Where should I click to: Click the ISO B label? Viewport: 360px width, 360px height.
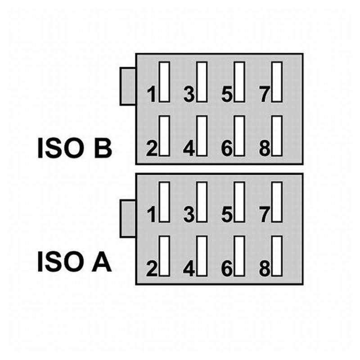coord(74,149)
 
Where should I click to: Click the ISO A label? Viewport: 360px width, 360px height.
coord(74,263)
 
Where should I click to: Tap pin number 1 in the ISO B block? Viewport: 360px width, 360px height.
coord(152,94)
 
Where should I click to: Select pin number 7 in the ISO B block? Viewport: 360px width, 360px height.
coord(265,94)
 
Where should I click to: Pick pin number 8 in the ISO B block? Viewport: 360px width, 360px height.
coord(265,148)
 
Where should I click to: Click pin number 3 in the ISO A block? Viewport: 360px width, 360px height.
coord(189,215)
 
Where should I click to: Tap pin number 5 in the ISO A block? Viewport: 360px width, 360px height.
coord(227,215)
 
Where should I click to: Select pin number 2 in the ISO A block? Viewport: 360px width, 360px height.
coord(152,269)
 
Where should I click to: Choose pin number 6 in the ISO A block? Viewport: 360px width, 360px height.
coord(227,269)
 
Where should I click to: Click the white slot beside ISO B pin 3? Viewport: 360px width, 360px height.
coord(202,82)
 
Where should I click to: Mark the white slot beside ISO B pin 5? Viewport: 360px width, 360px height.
coord(240,82)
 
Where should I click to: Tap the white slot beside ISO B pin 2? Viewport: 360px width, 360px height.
coord(165,135)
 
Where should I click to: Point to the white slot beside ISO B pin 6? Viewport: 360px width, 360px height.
coord(240,135)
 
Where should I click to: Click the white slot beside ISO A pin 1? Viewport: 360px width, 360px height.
coord(165,202)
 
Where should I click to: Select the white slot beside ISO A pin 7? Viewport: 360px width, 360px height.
coord(277,202)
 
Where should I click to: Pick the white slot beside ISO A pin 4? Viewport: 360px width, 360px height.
coord(202,256)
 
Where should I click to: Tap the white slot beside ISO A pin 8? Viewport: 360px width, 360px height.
coord(277,256)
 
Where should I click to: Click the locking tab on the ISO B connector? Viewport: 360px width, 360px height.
coord(128,86)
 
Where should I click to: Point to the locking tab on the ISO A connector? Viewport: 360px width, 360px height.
coord(128,219)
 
